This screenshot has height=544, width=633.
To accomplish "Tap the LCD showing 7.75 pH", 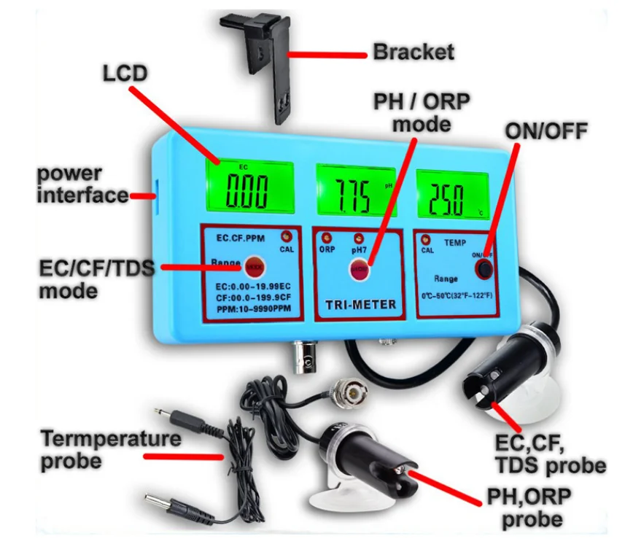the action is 355,191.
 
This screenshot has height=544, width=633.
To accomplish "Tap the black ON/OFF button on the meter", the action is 482,268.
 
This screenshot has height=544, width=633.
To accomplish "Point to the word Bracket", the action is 413,52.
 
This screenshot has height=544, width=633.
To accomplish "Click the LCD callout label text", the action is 124,73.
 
